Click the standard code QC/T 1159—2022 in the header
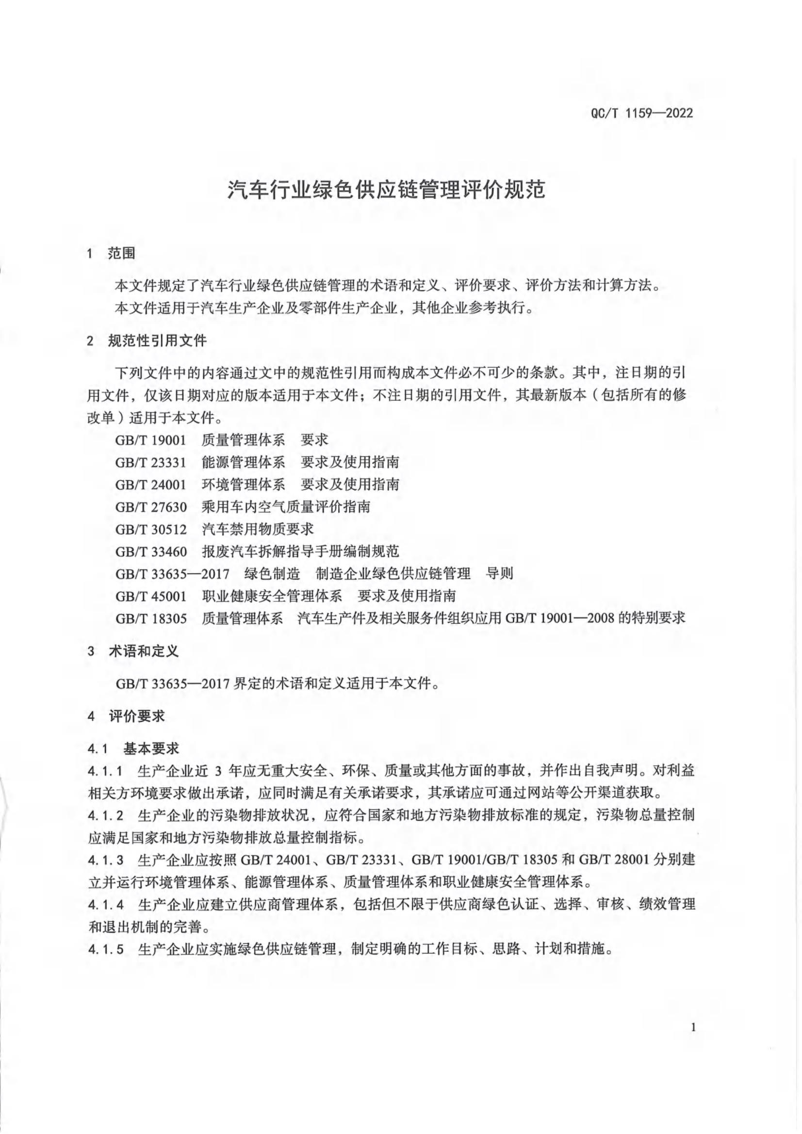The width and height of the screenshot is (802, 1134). (x=641, y=113)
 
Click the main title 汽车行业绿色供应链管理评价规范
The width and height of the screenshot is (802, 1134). (x=386, y=190)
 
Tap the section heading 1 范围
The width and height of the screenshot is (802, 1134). (x=111, y=253)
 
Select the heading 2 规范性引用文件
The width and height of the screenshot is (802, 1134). (x=147, y=341)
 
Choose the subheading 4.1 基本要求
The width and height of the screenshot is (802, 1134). (x=133, y=748)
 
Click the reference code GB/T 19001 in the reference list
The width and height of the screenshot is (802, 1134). (x=151, y=439)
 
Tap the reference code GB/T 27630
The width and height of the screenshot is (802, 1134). (x=151, y=507)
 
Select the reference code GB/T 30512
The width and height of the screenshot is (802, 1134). (x=151, y=530)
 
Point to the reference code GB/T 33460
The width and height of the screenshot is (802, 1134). (x=151, y=551)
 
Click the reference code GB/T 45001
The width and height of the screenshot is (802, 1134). (x=151, y=596)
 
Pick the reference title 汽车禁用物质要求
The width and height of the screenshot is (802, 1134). (x=258, y=530)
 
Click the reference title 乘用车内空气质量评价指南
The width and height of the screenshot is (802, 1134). (x=286, y=507)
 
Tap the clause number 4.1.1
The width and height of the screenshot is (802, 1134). (x=106, y=771)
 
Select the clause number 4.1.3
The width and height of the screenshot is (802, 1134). (x=106, y=860)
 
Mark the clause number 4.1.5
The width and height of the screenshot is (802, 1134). (x=106, y=949)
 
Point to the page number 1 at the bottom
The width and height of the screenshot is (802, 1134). (x=693, y=1027)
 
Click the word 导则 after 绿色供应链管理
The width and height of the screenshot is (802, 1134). (x=500, y=573)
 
